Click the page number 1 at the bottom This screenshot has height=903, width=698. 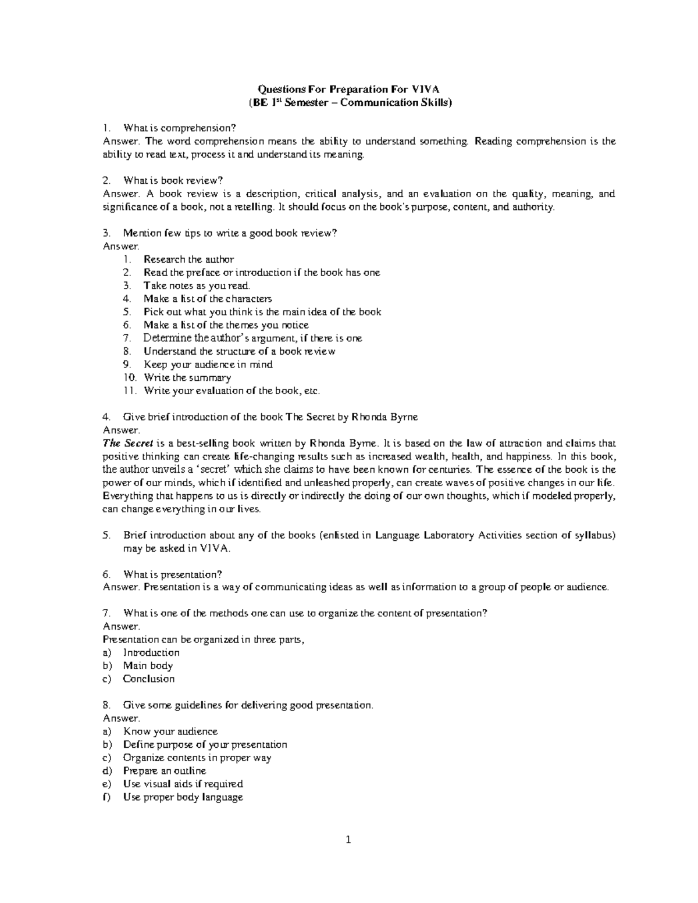point(348,840)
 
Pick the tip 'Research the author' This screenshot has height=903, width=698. point(188,259)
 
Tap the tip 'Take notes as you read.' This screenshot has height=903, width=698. point(197,285)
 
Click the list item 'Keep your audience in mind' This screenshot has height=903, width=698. point(208,365)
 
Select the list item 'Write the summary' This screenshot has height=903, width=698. point(187,378)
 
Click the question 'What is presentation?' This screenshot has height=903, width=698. point(172,574)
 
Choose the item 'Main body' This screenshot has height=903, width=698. point(148,666)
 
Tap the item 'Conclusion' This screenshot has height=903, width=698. point(148,679)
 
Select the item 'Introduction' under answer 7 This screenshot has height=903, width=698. point(151,653)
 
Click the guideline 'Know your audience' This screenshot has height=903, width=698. point(170,731)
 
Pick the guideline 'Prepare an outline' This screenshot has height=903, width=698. point(165,771)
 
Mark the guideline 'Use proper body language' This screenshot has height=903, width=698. point(183,797)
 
